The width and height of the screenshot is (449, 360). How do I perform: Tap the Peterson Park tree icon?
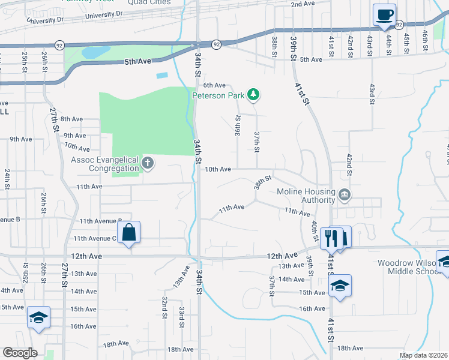[254, 94]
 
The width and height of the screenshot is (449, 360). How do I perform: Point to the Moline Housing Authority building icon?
[345, 194]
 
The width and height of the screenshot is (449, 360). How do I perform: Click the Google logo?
[20, 352]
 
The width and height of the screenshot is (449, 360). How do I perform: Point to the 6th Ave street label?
[214, 85]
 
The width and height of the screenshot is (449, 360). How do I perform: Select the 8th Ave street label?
[71, 119]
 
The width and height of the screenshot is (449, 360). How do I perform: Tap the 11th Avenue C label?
[95, 238]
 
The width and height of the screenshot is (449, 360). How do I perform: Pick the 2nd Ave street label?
[303, 4]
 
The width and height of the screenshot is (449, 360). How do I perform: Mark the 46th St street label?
[424, 41]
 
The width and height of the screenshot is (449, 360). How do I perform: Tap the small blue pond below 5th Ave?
[161, 76]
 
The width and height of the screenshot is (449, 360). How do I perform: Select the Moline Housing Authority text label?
[305, 196]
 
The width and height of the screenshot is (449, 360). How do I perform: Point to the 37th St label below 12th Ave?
[271, 283]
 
